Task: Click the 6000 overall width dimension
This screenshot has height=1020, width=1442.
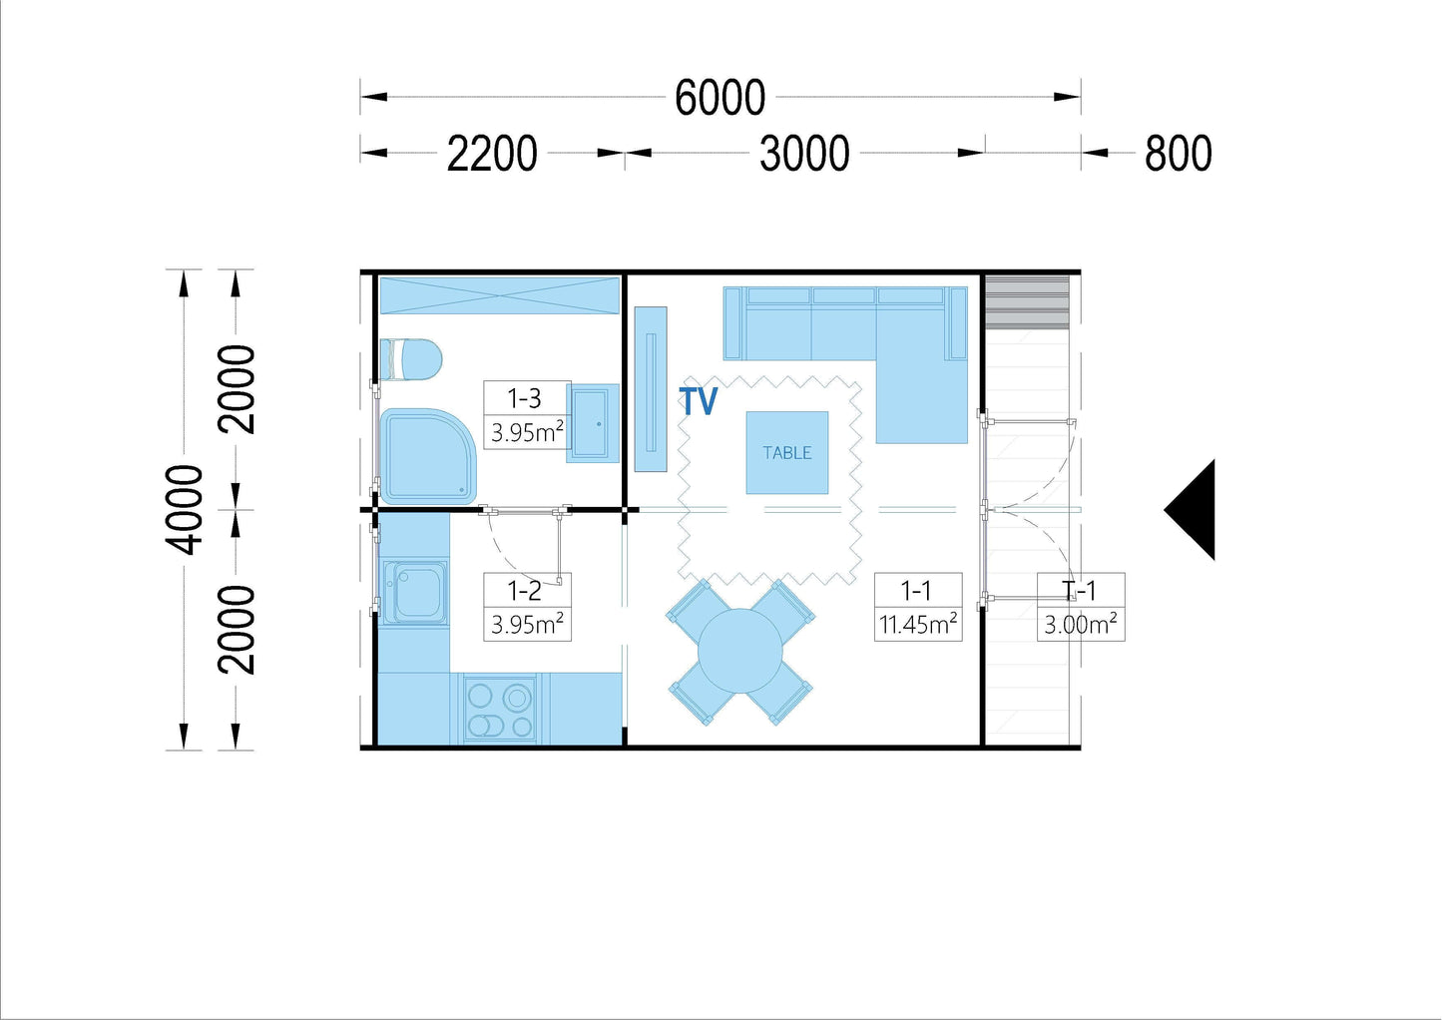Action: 720,98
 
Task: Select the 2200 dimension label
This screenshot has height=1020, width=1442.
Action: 492,154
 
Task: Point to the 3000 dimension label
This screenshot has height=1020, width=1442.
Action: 804,154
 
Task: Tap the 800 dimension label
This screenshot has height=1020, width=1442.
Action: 1179,154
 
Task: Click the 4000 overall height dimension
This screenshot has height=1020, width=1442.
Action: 184,509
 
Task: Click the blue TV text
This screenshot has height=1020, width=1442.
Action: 698,401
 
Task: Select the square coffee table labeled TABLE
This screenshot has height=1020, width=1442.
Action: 787,453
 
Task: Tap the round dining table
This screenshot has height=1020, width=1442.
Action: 740,651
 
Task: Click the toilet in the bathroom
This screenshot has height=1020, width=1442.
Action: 411,360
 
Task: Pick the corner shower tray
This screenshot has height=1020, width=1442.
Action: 428,456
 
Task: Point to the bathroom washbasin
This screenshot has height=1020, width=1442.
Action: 592,423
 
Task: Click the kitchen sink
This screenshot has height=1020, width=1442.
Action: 415,592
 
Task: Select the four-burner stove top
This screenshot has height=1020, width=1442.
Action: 500,710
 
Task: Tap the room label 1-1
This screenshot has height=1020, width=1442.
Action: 915,590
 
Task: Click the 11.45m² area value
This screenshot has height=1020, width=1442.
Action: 918,624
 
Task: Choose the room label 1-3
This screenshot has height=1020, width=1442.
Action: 524,398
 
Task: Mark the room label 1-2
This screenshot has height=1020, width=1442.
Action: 524,590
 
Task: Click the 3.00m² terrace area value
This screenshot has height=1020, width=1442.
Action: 1080,624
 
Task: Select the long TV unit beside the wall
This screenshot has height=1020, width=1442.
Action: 651,389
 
